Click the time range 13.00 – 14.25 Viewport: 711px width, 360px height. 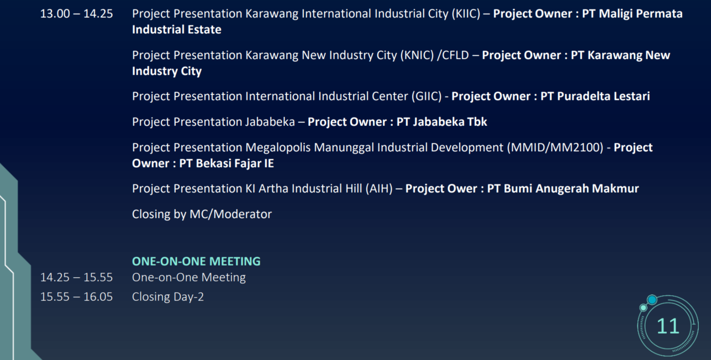click(x=76, y=14)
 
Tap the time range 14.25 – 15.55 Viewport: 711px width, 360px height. click(x=76, y=277)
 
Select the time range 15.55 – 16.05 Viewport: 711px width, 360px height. click(x=76, y=297)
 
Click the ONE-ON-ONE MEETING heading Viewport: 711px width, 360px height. click(x=196, y=261)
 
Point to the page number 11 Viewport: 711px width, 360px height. click(x=668, y=326)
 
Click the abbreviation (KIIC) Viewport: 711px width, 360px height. click(x=466, y=14)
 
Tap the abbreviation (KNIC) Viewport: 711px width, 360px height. click(x=417, y=56)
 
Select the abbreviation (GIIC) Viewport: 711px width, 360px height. click(x=426, y=97)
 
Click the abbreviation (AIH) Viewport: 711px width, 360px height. click(x=379, y=189)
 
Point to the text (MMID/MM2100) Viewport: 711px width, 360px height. click(x=555, y=147)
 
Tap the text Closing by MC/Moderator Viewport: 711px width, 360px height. click(x=202, y=214)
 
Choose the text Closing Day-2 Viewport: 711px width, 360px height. click(x=168, y=297)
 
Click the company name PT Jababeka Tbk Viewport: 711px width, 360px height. click(x=441, y=122)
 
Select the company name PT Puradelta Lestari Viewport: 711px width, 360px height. click(x=595, y=96)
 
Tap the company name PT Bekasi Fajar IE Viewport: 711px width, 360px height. click(x=227, y=163)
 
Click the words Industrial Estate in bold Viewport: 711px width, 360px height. click(x=176, y=29)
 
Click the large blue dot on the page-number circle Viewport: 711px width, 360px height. click(x=652, y=300)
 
